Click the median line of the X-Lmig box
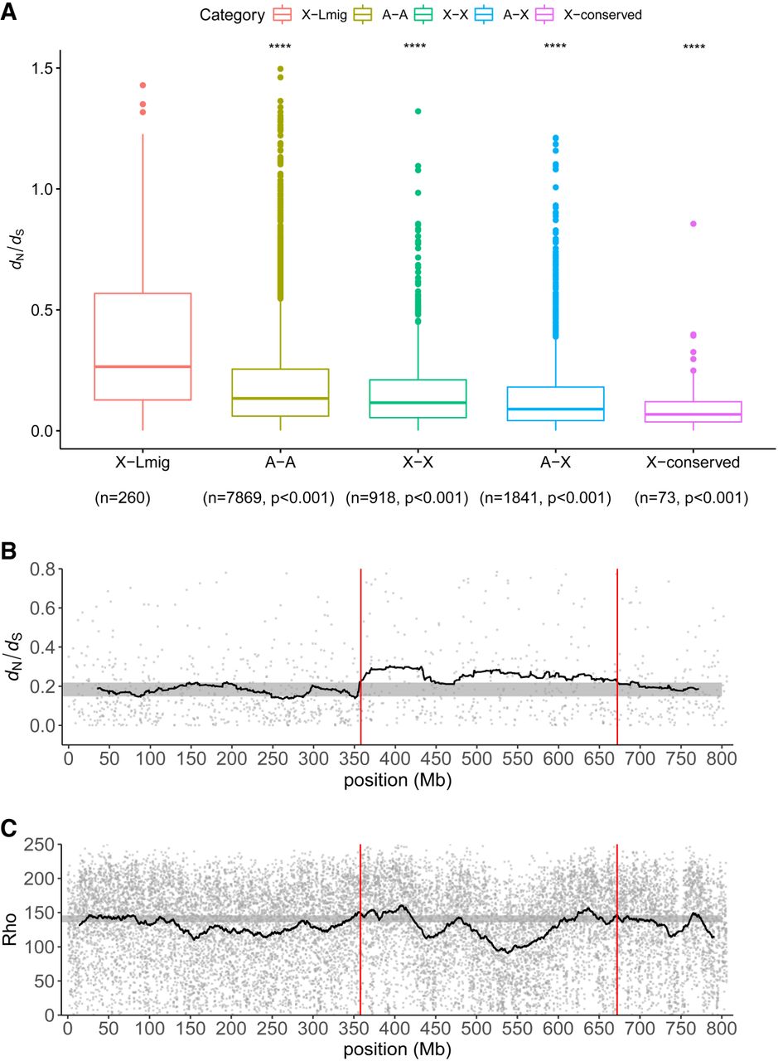point(143,366)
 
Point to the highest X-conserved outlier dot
point(693,224)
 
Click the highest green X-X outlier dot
point(418,110)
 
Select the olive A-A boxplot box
point(280,392)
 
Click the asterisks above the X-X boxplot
point(414,46)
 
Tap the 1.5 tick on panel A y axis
point(41,68)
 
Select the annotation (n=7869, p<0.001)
point(268,498)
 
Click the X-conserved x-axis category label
point(692,463)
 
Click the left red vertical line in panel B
point(360,655)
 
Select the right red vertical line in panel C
point(617,928)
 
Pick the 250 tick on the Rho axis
point(40,845)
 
